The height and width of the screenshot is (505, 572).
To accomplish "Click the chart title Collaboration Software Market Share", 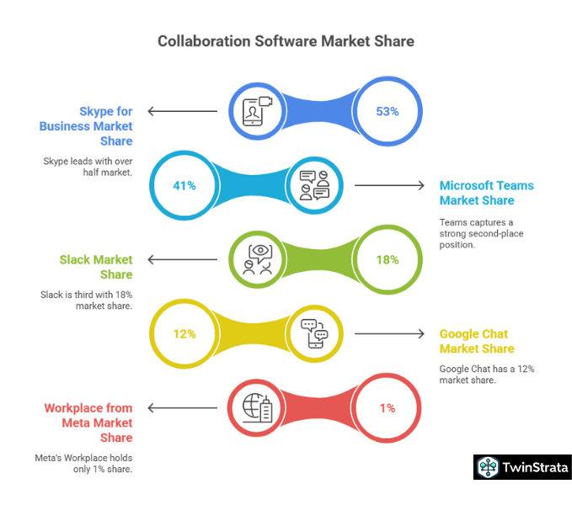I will [286, 40].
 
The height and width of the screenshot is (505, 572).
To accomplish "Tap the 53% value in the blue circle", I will [387, 111].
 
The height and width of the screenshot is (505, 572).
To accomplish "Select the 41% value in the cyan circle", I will [185, 185].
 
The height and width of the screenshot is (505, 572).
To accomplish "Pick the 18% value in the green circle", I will [387, 259].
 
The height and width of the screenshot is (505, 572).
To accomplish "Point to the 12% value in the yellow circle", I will [185, 333].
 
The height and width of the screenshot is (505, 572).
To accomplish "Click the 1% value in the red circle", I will [387, 407].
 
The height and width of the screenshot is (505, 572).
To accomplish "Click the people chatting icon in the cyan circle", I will [314, 185].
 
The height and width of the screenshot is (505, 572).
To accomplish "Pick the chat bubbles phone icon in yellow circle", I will [314, 333].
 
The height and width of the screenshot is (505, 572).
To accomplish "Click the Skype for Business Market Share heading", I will [86, 125].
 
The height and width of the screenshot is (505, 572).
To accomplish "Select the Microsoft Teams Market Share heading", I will [486, 193].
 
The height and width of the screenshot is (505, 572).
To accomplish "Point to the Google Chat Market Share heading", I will [476, 341].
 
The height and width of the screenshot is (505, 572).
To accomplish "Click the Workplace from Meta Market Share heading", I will [88, 423].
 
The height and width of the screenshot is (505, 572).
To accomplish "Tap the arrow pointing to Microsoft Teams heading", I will [389, 185].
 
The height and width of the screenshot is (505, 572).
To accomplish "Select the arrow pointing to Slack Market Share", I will [182, 259].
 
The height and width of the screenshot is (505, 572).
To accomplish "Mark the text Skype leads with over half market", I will [88, 166].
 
